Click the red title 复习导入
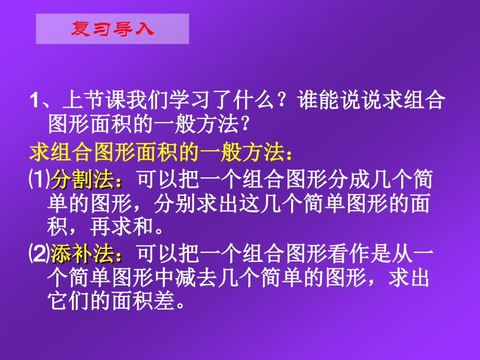click(112, 28)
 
